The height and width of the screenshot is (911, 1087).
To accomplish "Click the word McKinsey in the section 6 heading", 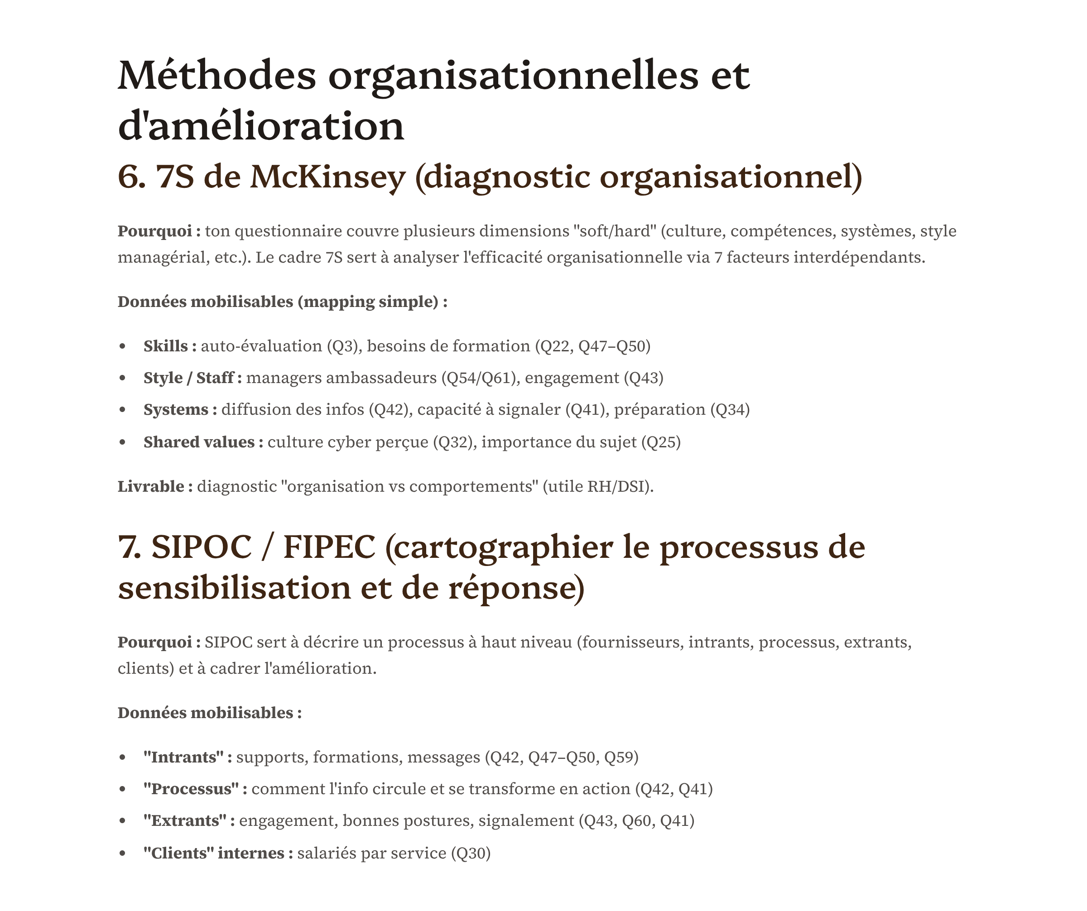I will click(327, 177).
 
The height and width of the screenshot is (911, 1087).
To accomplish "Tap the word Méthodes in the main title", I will click(217, 76).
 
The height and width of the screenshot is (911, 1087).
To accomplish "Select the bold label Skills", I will click(166, 346).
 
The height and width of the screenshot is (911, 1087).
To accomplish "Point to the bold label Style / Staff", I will click(188, 378).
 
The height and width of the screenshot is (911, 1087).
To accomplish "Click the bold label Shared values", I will click(199, 442).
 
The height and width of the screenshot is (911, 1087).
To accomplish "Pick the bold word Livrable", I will click(151, 487).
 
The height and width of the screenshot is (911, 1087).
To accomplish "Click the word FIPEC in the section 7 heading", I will click(329, 547).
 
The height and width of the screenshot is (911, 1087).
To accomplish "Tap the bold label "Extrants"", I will click(185, 821).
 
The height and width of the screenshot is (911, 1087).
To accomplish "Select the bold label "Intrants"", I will click(183, 758).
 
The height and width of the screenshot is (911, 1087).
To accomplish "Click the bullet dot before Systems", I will click(123, 410).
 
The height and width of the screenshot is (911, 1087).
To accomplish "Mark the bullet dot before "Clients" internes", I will click(123, 853).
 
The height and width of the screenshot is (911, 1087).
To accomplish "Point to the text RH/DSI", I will click(616, 487).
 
